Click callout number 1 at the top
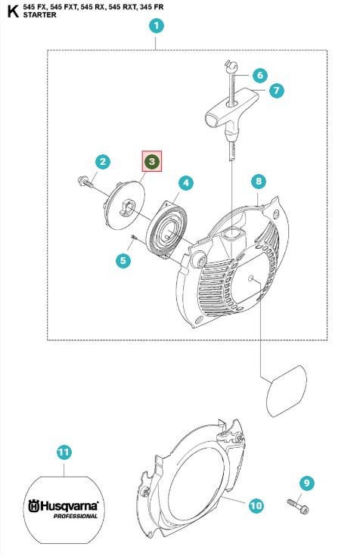click(x=156, y=26)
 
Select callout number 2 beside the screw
click(x=103, y=162)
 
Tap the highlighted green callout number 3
click(x=152, y=161)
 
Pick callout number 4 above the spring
click(x=186, y=183)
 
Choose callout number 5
click(x=123, y=261)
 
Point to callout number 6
click(x=260, y=75)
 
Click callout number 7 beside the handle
click(x=276, y=91)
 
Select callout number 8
click(x=258, y=182)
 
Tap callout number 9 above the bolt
click(x=306, y=483)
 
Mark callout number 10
click(x=256, y=505)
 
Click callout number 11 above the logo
click(x=64, y=452)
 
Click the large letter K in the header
click(x=12, y=11)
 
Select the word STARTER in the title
click(x=40, y=15)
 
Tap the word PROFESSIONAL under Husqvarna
click(x=75, y=516)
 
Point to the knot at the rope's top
click(x=231, y=65)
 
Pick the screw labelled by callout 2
click(x=85, y=182)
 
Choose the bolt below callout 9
click(x=297, y=506)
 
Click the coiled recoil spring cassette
click(x=166, y=229)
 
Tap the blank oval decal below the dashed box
click(x=286, y=391)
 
